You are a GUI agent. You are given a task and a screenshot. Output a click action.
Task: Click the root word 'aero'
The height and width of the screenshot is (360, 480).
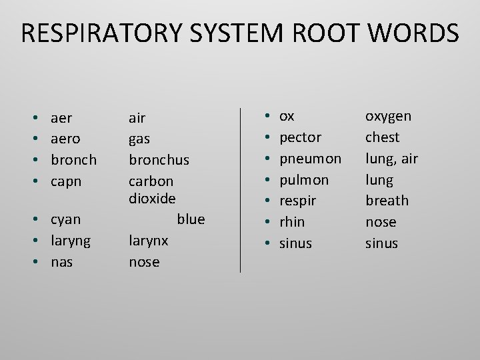(65, 139)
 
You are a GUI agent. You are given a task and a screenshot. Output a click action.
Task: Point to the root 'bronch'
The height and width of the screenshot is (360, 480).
(73, 160)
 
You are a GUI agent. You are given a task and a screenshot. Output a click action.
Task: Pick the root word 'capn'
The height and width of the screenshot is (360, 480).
(65, 181)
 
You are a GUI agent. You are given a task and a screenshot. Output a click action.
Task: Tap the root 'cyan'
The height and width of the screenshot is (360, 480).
(65, 219)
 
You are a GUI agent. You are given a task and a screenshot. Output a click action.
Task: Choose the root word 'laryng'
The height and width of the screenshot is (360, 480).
(71, 241)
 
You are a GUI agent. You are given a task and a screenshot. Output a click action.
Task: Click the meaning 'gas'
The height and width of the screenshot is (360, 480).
(139, 139)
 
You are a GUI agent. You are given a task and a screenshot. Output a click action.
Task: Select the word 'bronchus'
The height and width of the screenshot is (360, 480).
(159, 160)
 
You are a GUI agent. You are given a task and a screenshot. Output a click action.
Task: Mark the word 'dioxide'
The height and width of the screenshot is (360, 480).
(151, 198)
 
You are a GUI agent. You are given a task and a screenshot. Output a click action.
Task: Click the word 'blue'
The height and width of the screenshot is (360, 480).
(191, 219)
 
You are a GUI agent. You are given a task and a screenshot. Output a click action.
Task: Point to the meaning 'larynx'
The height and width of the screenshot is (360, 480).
(148, 241)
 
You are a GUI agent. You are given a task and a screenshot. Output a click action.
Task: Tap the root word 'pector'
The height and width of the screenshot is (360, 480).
(300, 137)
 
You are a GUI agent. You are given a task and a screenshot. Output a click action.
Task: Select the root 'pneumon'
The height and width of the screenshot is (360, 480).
(310, 159)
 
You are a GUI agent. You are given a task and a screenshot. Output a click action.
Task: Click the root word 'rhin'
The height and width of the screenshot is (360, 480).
(291, 222)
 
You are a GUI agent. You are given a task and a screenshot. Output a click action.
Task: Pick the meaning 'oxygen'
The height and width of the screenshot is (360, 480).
(388, 117)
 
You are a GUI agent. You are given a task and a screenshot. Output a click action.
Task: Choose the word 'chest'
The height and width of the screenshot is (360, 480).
(382, 137)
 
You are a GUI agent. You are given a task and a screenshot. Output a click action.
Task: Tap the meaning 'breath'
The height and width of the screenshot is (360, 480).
(387, 201)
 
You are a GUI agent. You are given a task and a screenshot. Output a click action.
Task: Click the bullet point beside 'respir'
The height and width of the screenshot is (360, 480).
(267, 201)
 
